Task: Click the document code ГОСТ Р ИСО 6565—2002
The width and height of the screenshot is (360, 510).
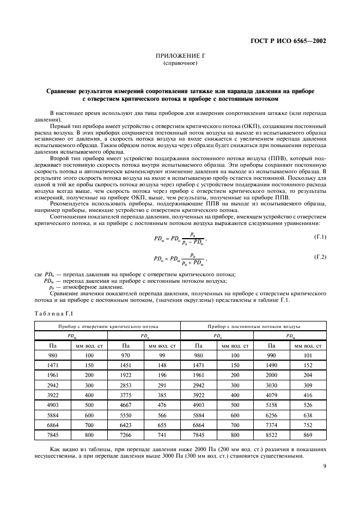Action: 296,41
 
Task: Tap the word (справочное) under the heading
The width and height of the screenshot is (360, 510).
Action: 180,64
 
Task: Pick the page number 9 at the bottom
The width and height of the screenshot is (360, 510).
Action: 324,466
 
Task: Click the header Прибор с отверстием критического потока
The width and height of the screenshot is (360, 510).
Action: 107,326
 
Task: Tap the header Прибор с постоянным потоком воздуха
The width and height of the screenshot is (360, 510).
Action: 253,326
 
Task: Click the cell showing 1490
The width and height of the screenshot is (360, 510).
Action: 271,366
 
